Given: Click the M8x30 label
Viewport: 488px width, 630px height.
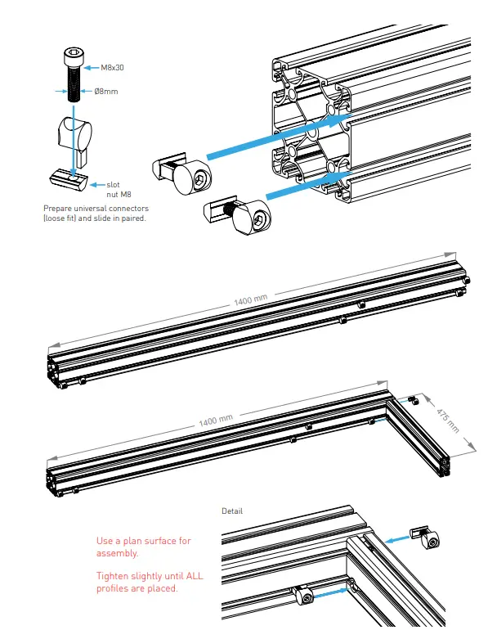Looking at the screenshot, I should pos(111,69).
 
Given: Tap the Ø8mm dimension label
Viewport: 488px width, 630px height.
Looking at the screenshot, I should pos(105,91).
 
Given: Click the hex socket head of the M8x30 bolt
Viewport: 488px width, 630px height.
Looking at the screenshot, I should pos(72,57).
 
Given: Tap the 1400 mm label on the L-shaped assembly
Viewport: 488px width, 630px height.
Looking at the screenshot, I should pos(216,421).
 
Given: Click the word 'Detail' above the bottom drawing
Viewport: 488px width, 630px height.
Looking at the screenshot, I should pos(232,511).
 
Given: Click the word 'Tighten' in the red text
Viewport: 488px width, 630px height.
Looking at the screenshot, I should pos(113,576).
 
